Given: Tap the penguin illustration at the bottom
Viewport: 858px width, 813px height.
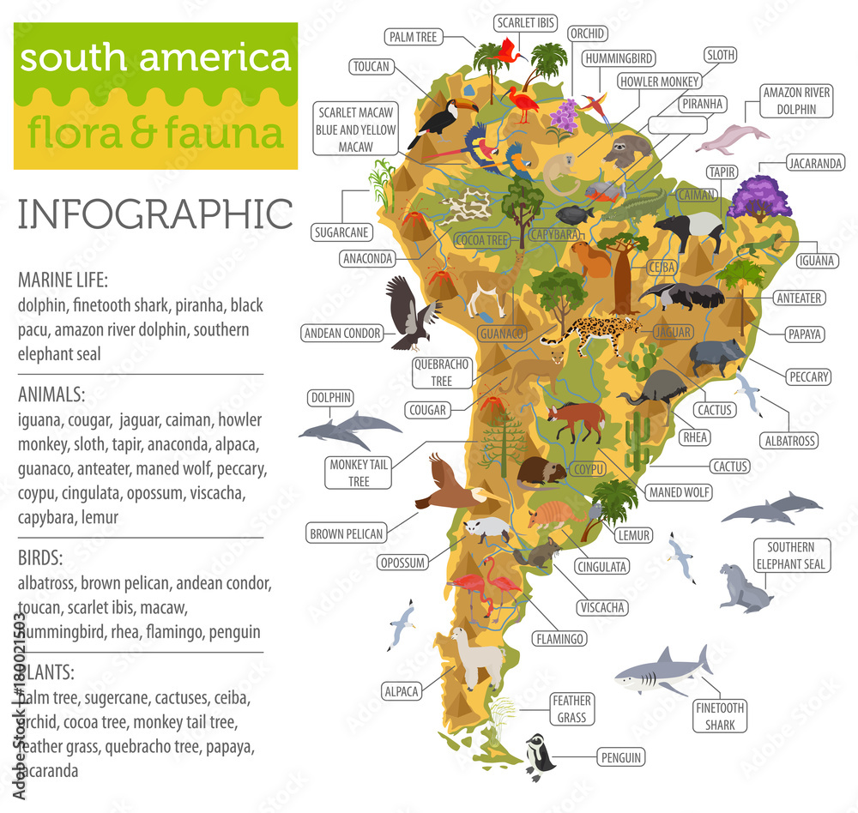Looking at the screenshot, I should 540,756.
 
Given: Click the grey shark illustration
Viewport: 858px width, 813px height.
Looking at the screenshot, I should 661,671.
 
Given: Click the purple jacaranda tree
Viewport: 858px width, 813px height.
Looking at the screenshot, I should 758,197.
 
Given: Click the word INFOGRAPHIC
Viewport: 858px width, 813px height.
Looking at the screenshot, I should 155,214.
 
